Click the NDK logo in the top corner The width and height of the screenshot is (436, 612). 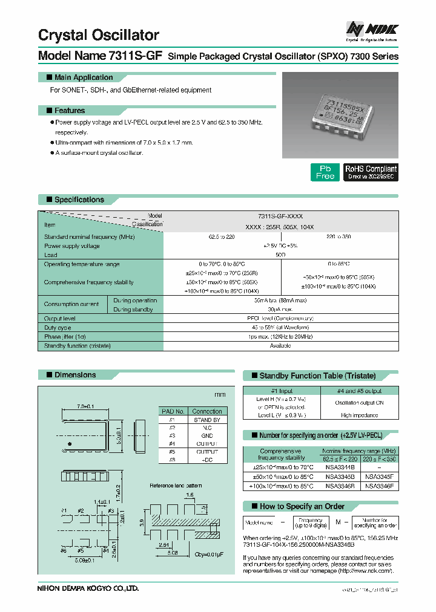pos(371,30)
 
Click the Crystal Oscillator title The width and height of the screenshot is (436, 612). pos(99,35)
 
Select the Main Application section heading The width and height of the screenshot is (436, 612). pos(84,77)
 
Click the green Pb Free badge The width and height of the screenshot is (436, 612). pos(325,172)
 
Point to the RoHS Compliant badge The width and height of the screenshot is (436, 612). pos(371,172)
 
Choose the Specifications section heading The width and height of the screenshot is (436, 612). pos(79,200)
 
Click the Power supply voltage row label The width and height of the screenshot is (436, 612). pos(72,246)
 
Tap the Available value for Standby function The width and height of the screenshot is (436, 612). pos(280,346)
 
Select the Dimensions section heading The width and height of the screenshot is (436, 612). pos(75,375)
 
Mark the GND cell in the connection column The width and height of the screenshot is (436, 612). pos(207,435)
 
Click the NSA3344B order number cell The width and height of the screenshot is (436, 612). pos(340,467)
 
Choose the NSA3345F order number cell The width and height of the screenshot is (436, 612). pos(379,477)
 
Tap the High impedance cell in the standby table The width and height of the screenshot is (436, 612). pos(359,415)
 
